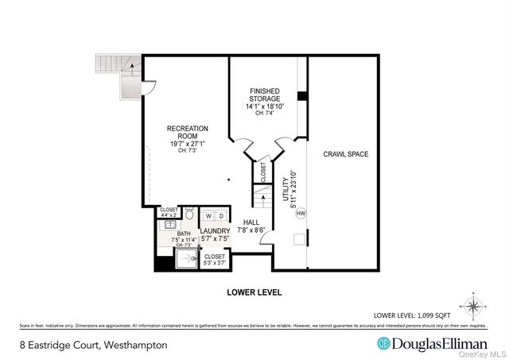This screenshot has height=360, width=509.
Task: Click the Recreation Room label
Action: pyautogui.click(x=187, y=136)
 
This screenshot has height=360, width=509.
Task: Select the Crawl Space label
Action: pyautogui.click(x=345, y=154)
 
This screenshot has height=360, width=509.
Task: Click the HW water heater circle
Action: pyautogui.click(x=301, y=213)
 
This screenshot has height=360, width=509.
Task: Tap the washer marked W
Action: pyautogui.click(x=208, y=215)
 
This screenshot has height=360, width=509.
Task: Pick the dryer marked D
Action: pyautogui.click(x=220, y=215)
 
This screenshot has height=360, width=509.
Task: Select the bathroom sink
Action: pyautogui.click(x=169, y=225)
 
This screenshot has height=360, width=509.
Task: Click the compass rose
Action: pyautogui.click(x=473, y=305)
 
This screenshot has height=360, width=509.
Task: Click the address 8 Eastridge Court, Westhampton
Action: pyautogui.click(x=93, y=344)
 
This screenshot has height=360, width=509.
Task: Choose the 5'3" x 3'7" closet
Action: pyautogui.click(x=215, y=259)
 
